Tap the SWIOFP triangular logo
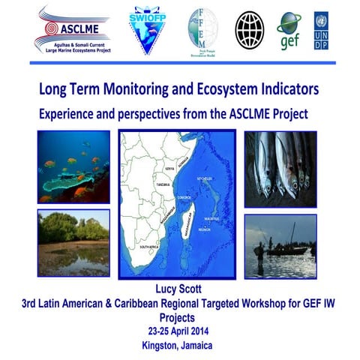tap(148, 29)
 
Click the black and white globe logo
tap(250, 29)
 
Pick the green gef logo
tap(288, 30)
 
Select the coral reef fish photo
tap(73, 167)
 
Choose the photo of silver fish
tap(280, 169)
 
